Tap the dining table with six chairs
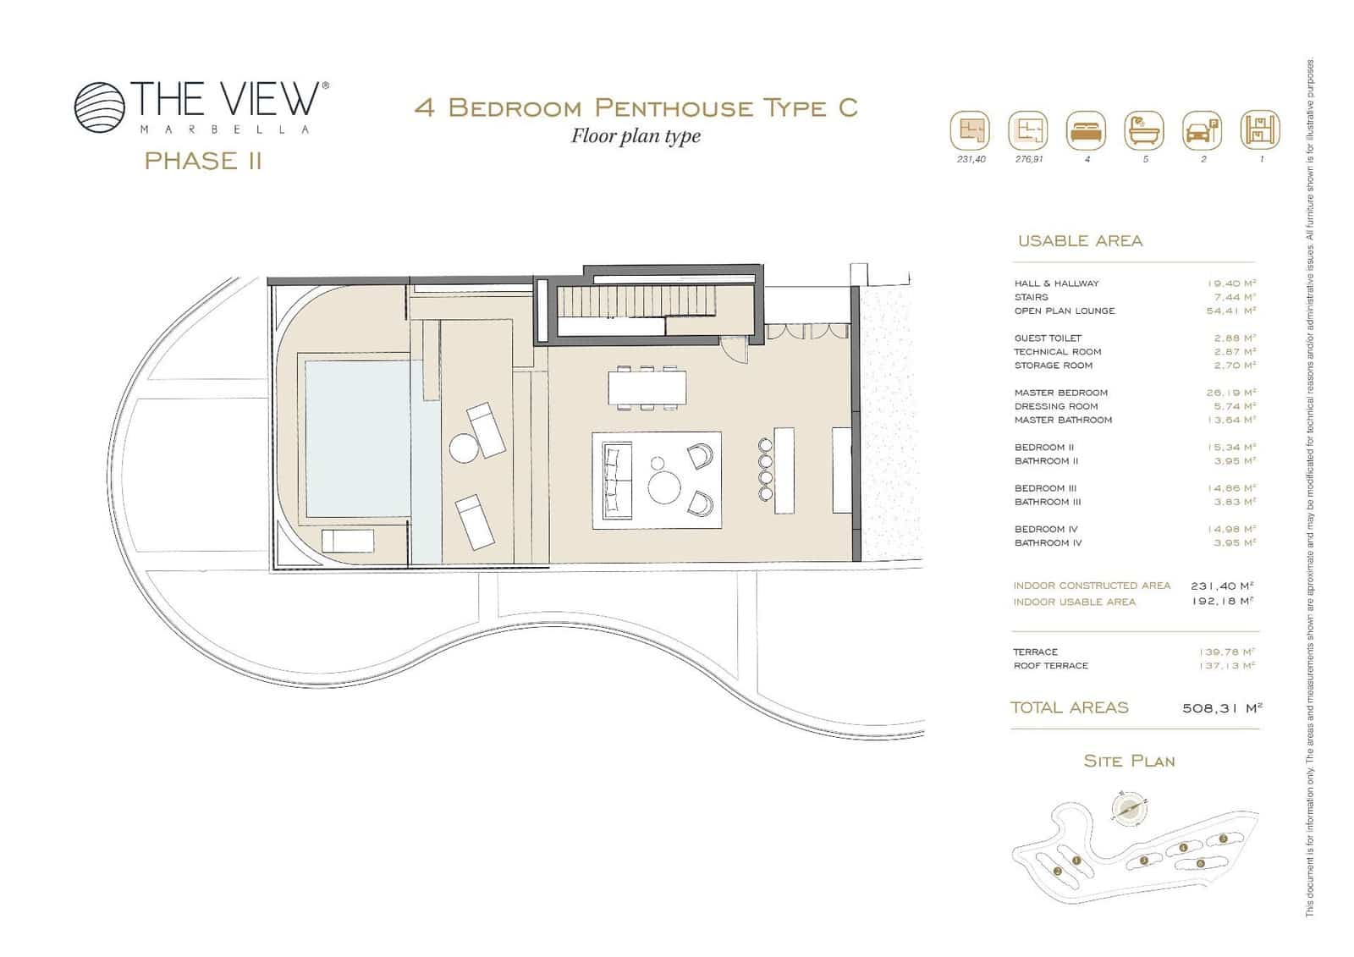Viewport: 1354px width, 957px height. click(x=647, y=389)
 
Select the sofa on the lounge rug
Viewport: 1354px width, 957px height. click(x=617, y=481)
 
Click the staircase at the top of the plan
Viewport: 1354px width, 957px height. click(x=635, y=301)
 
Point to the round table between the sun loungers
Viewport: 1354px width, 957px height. click(x=464, y=447)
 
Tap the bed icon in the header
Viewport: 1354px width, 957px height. click(x=1086, y=132)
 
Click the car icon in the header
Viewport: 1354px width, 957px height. click(x=1202, y=132)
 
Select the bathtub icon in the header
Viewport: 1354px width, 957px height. click(x=1144, y=132)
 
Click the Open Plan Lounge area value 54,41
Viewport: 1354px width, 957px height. click(x=1230, y=311)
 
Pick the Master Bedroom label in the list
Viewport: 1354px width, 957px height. click(x=1060, y=393)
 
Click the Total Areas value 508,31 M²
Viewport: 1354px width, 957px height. click(x=1222, y=708)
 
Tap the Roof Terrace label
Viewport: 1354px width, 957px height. click(x=1050, y=666)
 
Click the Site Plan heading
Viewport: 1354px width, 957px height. click(x=1129, y=762)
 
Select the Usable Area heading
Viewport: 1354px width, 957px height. click(x=1080, y=241)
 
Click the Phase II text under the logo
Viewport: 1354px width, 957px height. click(x=203, y=161)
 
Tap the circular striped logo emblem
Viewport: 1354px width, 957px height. click(x=100, y=107)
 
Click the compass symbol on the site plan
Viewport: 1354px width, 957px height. click(x=1126, y=809)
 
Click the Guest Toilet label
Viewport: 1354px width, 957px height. click(x=1048, y=338)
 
